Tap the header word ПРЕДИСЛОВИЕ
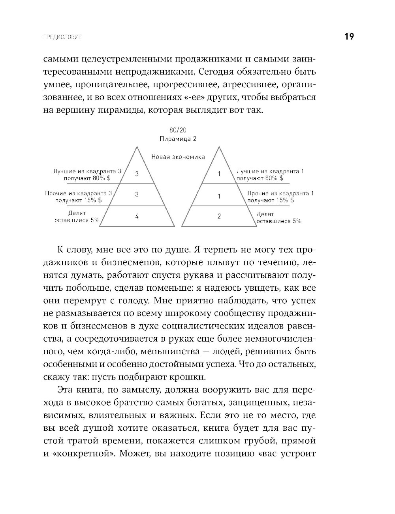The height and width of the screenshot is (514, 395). tap(62, 37)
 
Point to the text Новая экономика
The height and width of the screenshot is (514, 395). tap(178, 157)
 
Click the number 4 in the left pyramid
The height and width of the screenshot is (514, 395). tap(137, 216)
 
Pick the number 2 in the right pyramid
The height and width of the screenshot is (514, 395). tap(219, 216)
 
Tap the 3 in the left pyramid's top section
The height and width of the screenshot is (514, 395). tap(137, 174)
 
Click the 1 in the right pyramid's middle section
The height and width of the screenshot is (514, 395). tap(219, 196)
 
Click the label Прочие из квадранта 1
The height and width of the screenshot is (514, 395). tap(280, 193)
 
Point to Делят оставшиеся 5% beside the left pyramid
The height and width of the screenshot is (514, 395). tap(77, 217)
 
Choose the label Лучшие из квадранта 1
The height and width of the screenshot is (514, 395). tap(270, 171)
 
